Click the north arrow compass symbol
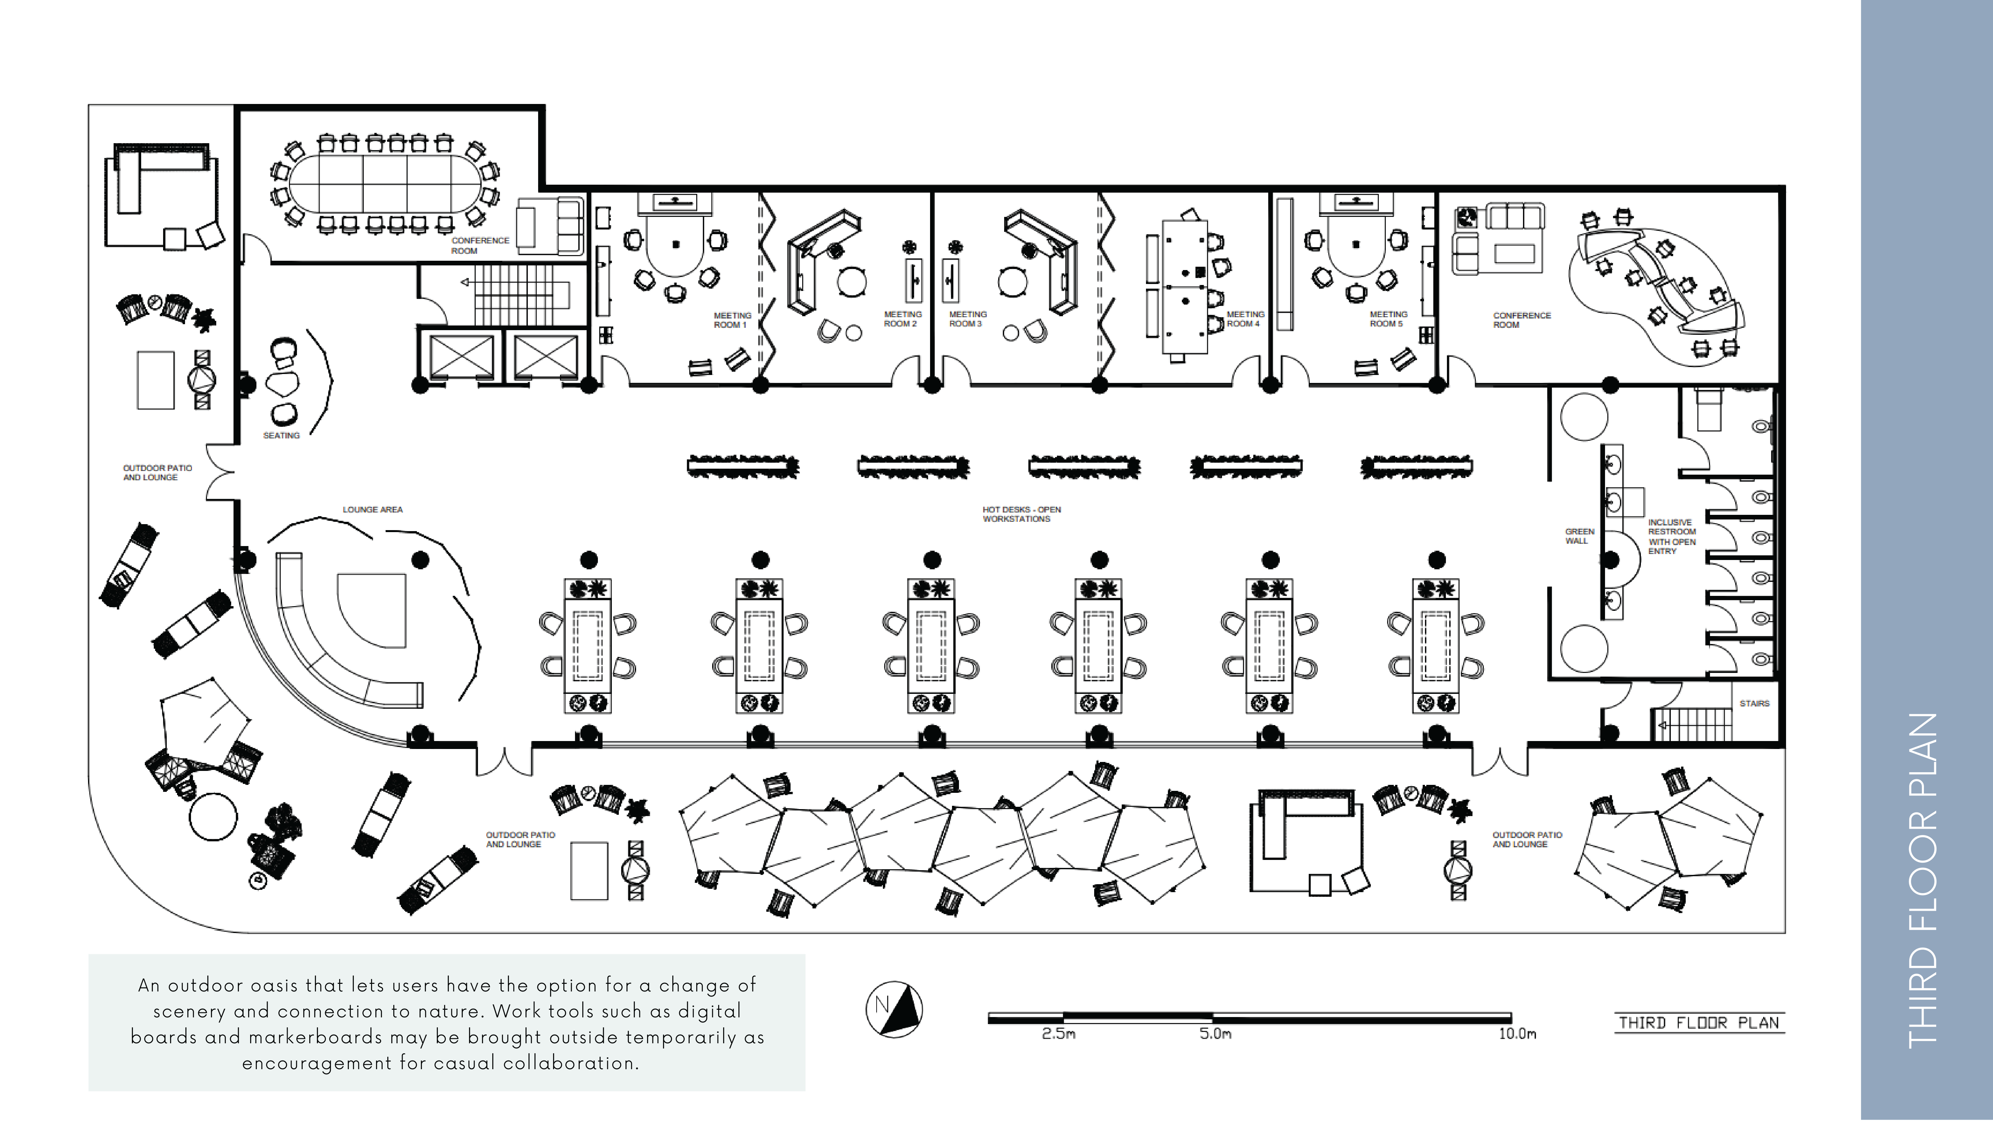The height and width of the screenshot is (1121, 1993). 894,1009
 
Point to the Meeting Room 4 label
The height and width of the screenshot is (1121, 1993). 1245,319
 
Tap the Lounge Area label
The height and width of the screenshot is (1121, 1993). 372,510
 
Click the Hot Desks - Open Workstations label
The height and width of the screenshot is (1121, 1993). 1020,514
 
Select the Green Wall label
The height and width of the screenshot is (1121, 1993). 1579,536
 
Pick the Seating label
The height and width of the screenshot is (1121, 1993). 281,435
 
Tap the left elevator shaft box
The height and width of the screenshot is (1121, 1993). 462,357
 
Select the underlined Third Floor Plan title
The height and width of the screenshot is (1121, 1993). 1699,1023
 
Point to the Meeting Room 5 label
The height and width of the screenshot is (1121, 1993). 1388,319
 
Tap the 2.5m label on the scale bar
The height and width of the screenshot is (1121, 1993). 1058,1034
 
